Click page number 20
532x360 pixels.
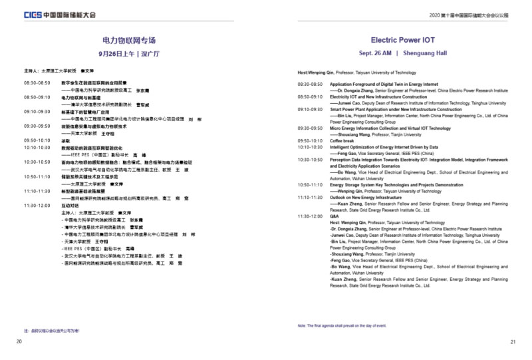(x=19, y=341)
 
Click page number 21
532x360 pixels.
(x=513, y=342)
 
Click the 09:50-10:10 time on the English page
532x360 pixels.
(x=310, y=140)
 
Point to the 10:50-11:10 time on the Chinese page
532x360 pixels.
(x=37, y=176)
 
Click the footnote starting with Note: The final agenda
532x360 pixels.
(x=342, y=325)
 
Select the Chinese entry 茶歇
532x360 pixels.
(x=66, y=140)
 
